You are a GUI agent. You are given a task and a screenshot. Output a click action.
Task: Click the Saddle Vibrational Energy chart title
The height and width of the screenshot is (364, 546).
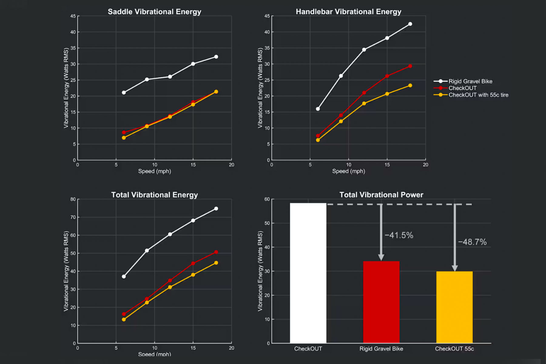(x=154, y=12)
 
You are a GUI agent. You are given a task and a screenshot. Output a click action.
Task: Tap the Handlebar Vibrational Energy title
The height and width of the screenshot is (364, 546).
(x=349, y=12)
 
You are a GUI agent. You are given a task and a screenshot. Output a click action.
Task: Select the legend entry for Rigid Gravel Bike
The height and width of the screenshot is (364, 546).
(x=470, y=81)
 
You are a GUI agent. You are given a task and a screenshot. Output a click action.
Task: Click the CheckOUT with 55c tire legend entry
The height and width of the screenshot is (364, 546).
(x=478, y=95)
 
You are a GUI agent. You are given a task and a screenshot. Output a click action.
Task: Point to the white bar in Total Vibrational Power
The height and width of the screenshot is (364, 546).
(x=308, y=273)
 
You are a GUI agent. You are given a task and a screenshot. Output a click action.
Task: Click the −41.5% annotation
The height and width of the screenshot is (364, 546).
(x=399, y=235)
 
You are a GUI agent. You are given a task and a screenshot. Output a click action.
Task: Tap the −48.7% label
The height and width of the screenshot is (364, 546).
(x=472, y=242)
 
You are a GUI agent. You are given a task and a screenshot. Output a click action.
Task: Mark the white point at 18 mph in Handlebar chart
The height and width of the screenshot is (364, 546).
(x=410, y=24)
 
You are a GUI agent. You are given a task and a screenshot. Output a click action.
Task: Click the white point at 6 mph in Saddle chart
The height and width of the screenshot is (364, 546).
(x=124, y=92)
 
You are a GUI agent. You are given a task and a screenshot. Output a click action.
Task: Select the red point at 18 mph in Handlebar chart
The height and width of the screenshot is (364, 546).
(x=410, y=66)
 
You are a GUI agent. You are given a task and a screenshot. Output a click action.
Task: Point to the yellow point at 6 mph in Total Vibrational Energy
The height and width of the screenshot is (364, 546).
(x=124, y=319)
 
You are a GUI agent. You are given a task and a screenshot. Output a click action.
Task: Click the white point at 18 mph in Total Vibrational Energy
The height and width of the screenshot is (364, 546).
(x=216, y=209)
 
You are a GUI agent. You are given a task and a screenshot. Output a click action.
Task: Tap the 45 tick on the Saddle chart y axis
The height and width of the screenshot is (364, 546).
(x=73, y=16)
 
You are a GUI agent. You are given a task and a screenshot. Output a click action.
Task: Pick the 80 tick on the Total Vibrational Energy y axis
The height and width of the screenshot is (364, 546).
(x=73, y=199)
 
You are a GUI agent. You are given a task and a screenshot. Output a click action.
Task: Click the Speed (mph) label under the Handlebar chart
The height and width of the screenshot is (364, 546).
(x=349, y=171)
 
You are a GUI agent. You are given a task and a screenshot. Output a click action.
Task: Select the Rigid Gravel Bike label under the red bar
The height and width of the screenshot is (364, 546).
(x=381, y=349)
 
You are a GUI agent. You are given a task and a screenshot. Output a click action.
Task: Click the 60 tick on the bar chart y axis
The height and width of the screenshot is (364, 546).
(x=267, y=199)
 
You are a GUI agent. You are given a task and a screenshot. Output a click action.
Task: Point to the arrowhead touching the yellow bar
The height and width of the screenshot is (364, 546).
(x=454, y=268)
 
